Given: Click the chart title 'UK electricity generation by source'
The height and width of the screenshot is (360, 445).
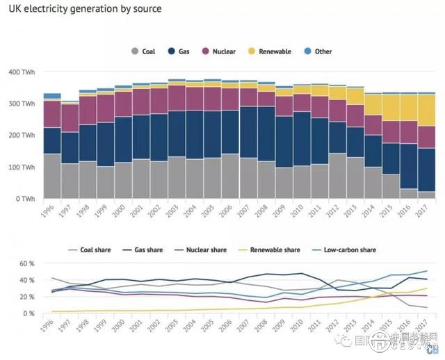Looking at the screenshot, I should coord(84,9).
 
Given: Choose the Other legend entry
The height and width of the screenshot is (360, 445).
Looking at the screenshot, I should coord(318,51).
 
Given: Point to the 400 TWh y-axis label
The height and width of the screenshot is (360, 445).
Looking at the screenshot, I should coord(23,72).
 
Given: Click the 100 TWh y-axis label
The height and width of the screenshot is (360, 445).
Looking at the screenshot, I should coord(23,167).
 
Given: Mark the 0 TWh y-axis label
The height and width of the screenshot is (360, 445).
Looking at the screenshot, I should coord(27,199).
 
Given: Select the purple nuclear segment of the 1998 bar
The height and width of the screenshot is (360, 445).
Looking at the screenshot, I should coord(88,110).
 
